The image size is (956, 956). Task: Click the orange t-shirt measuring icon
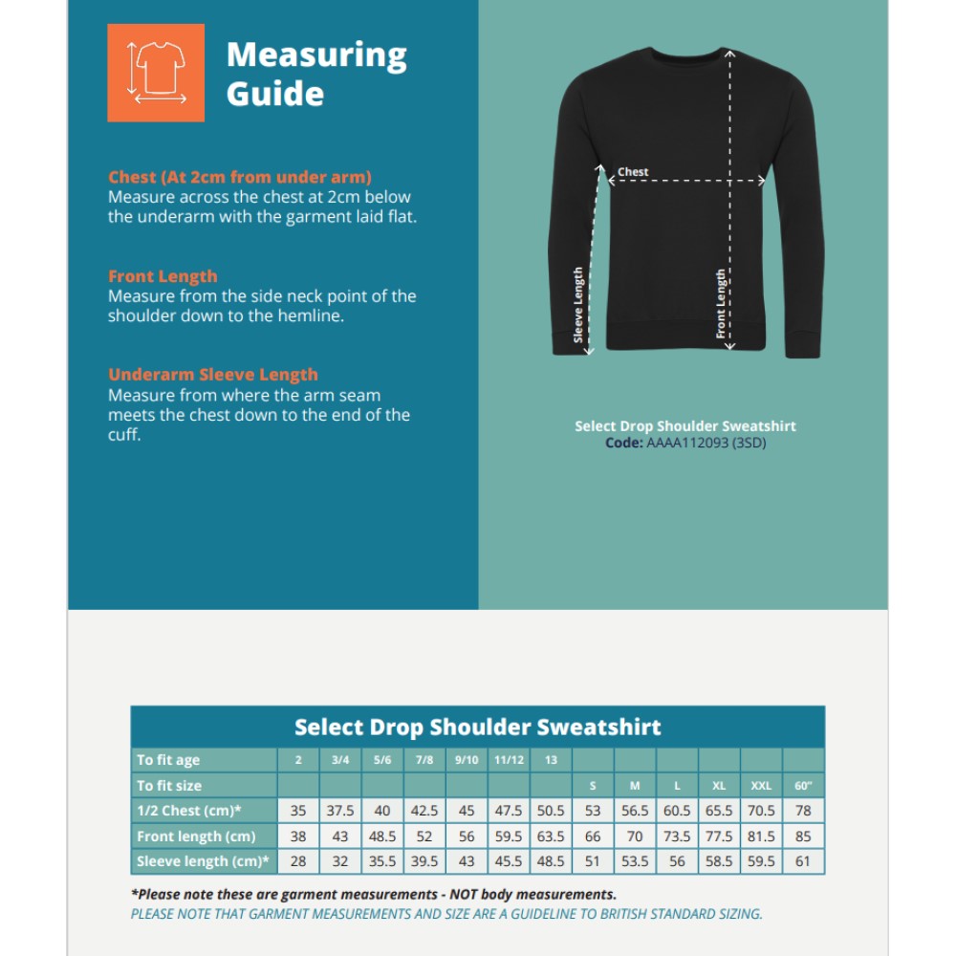(x=156, y=73)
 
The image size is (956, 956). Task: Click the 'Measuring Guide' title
(x=316, y=74)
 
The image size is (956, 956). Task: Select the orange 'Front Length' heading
(x=163, y=276)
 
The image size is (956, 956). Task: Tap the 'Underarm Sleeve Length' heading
(x=212, y=375)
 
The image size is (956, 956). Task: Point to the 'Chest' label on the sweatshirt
(x=633, y=172)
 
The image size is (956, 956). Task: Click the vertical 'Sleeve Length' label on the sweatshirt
(x=578, y=304)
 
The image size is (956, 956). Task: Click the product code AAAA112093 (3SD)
(x=706, y=443)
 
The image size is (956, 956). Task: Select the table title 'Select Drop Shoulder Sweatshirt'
(x=477, y=727)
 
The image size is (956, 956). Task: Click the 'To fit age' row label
(x=168, y=760)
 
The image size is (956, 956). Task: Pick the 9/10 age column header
(x=467, y=760)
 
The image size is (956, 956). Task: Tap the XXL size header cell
(x=761, y=786)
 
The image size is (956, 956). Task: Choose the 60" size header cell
(x=803, y=786)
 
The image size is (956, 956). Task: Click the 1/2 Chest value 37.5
(x=340, y=811)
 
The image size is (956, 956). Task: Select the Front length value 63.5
(x=551, y=836)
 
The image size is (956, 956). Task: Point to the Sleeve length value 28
(x=298, y=861)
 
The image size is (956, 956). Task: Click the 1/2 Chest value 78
(x=803, y=811)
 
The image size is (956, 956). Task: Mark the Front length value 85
(x=803, y=836)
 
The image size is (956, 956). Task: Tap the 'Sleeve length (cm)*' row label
(x=203, y=861)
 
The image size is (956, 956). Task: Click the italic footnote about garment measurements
(x=374, y=895)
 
